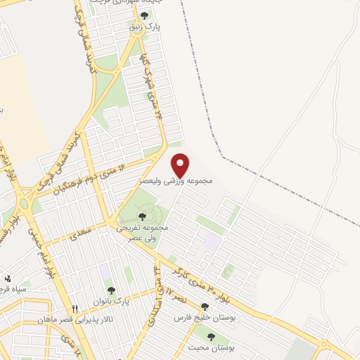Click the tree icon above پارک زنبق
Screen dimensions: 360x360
pos(145,15)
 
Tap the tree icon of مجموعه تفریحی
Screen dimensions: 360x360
pos(143,217)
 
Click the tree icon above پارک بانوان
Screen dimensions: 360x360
pos(110,289)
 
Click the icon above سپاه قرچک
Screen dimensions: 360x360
pos(8,278)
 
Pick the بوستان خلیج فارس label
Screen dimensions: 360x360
pos(203,318)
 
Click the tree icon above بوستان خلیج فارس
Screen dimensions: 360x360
pos(204,307)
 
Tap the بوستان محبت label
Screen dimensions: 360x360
pos(212,348)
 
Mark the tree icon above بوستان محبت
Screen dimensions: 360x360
pos(211,337)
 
